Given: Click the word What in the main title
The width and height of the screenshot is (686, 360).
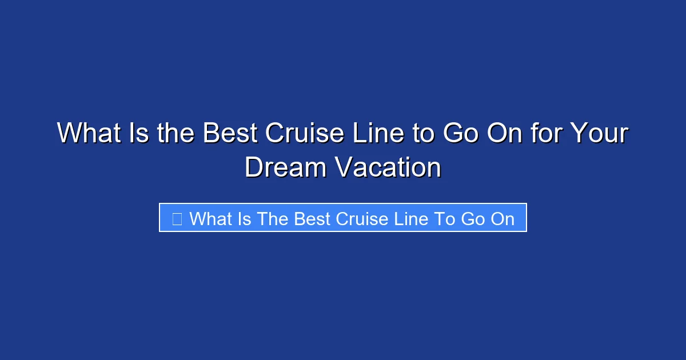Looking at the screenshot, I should click(x=88, y=134).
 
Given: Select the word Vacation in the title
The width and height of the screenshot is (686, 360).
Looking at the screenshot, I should click(x=388, y=168).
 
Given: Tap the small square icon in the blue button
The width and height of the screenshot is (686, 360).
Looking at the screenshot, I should click(x=177, y=218).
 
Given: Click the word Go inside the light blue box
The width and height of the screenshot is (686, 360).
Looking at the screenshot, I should click(x=472, y=218).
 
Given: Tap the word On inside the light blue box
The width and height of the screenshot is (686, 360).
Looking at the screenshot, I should click(x=501, y=218).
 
